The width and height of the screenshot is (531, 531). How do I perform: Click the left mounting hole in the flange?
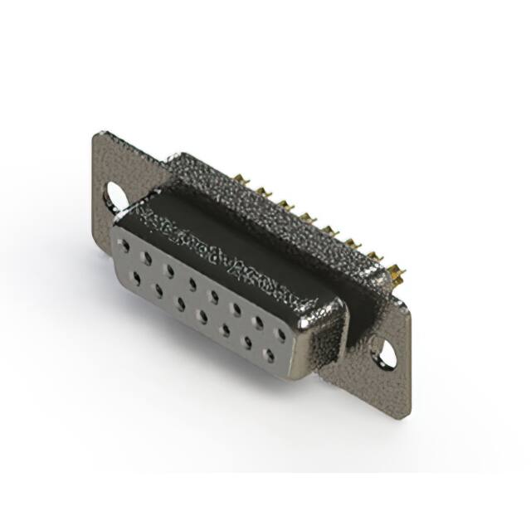point(114,195)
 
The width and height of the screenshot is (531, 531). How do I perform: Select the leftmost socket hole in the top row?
point(124,246)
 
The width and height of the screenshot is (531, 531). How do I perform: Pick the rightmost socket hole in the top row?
point(280,334)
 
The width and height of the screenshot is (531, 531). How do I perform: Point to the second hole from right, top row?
point(259,323)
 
